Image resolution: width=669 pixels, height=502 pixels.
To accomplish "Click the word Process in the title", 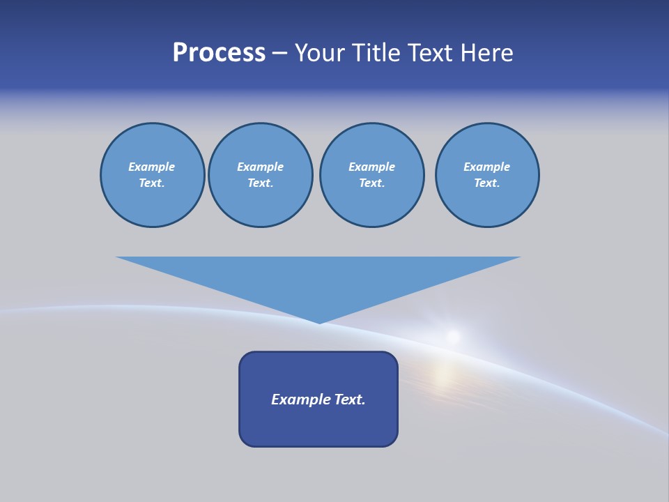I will pyautogui.click(x=219, y=53).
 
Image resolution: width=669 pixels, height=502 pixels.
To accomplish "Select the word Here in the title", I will pyautogui.click(x=487, y=53).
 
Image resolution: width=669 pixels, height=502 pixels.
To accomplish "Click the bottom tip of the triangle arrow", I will pyautogui.click(x=319, y=321).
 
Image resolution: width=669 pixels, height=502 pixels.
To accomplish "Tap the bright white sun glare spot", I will pyautogui.click(x=454, y=337).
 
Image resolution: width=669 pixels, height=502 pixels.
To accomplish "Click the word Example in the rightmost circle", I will pyautogui.click(x=486, y=167).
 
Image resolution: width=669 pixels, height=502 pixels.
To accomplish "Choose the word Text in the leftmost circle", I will pyautogui.click(x=152, y=183).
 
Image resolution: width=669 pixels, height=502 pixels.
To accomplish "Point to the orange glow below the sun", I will pyautogui.click(x=444, y=375).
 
